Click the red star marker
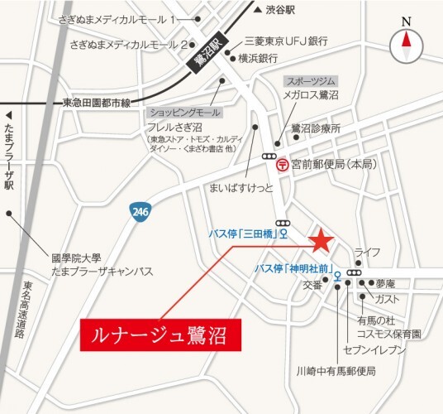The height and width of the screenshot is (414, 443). (321, 242)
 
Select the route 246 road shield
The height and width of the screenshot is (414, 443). (138, 214)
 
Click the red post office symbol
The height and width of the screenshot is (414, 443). (282, 164)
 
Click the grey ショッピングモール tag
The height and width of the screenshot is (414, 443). (183, 111)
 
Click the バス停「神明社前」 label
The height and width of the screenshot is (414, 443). (293, 268)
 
